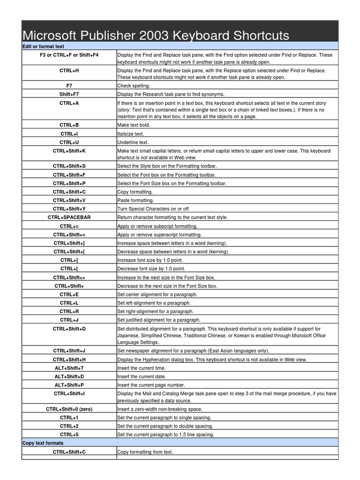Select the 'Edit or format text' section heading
pyautogui.click(x=43, y=46)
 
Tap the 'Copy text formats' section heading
pyautogui.click(x=43, y=443)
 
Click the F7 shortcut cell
pyautogui.click(x=69, y=86)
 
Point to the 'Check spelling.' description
pyautogui.click(x=134, y=86)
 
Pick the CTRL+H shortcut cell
pyautogui.click(x=69, y=70)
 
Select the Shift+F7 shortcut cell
pyautogui.click(x=69, y=94)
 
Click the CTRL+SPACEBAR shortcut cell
pyautogui.click(x=69, y=217)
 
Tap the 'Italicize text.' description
pyautogui.click(x=131, y=134)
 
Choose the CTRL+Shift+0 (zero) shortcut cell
pyautogui.click(x=69, y=409)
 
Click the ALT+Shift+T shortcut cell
pyautogui.click(x=69, y=368)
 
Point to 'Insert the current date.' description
pyautogui.click(x=142, y=376)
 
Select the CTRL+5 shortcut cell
pyautogui.click(x=69, y=435)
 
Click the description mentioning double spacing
pyautogui.click(x=165, y=426)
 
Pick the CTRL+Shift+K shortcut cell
pyautogui.click(x=69, y=151)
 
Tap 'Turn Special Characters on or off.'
pyautogui.click(x=153, y=209)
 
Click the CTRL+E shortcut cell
pyautogui.click(x=69, y=294)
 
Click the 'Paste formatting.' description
pyautogui.click(x=135, y=200)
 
